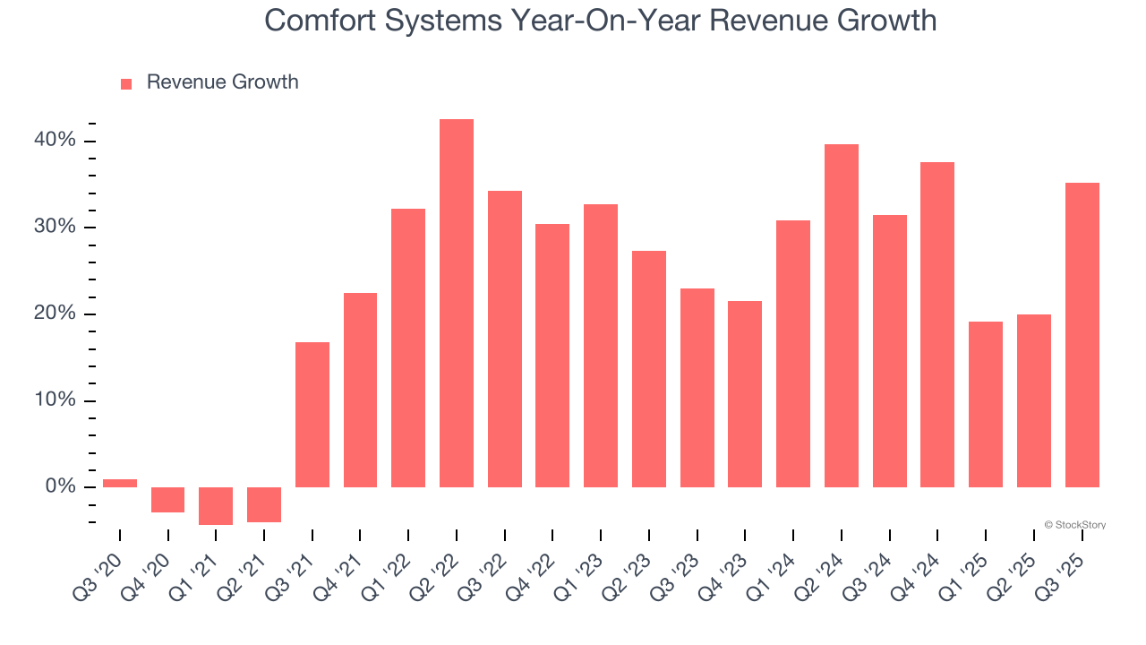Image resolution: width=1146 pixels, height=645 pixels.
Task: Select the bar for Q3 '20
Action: coord(120,483)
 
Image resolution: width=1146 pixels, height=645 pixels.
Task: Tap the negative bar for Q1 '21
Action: coord(216,505)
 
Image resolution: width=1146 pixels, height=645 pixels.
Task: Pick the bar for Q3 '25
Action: coord(1082,335)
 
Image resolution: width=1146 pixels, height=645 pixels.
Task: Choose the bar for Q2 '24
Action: coord(842,315)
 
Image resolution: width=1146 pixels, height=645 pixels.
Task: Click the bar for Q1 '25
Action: coord(986,404)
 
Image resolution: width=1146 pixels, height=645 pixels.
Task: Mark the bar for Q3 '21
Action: coord(312,414)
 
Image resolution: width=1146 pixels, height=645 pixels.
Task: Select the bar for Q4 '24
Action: coord(937,324)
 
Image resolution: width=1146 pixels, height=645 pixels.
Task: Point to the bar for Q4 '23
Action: coord(745,394)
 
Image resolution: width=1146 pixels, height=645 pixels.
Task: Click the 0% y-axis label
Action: coord(62,486)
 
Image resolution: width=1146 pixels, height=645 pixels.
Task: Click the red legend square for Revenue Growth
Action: coord(126,83)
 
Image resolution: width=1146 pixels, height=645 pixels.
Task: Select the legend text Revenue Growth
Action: coord(222,82)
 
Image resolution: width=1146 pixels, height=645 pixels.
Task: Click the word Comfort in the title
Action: coord(321,20)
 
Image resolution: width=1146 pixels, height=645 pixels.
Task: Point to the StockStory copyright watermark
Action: coord(1074,525)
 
